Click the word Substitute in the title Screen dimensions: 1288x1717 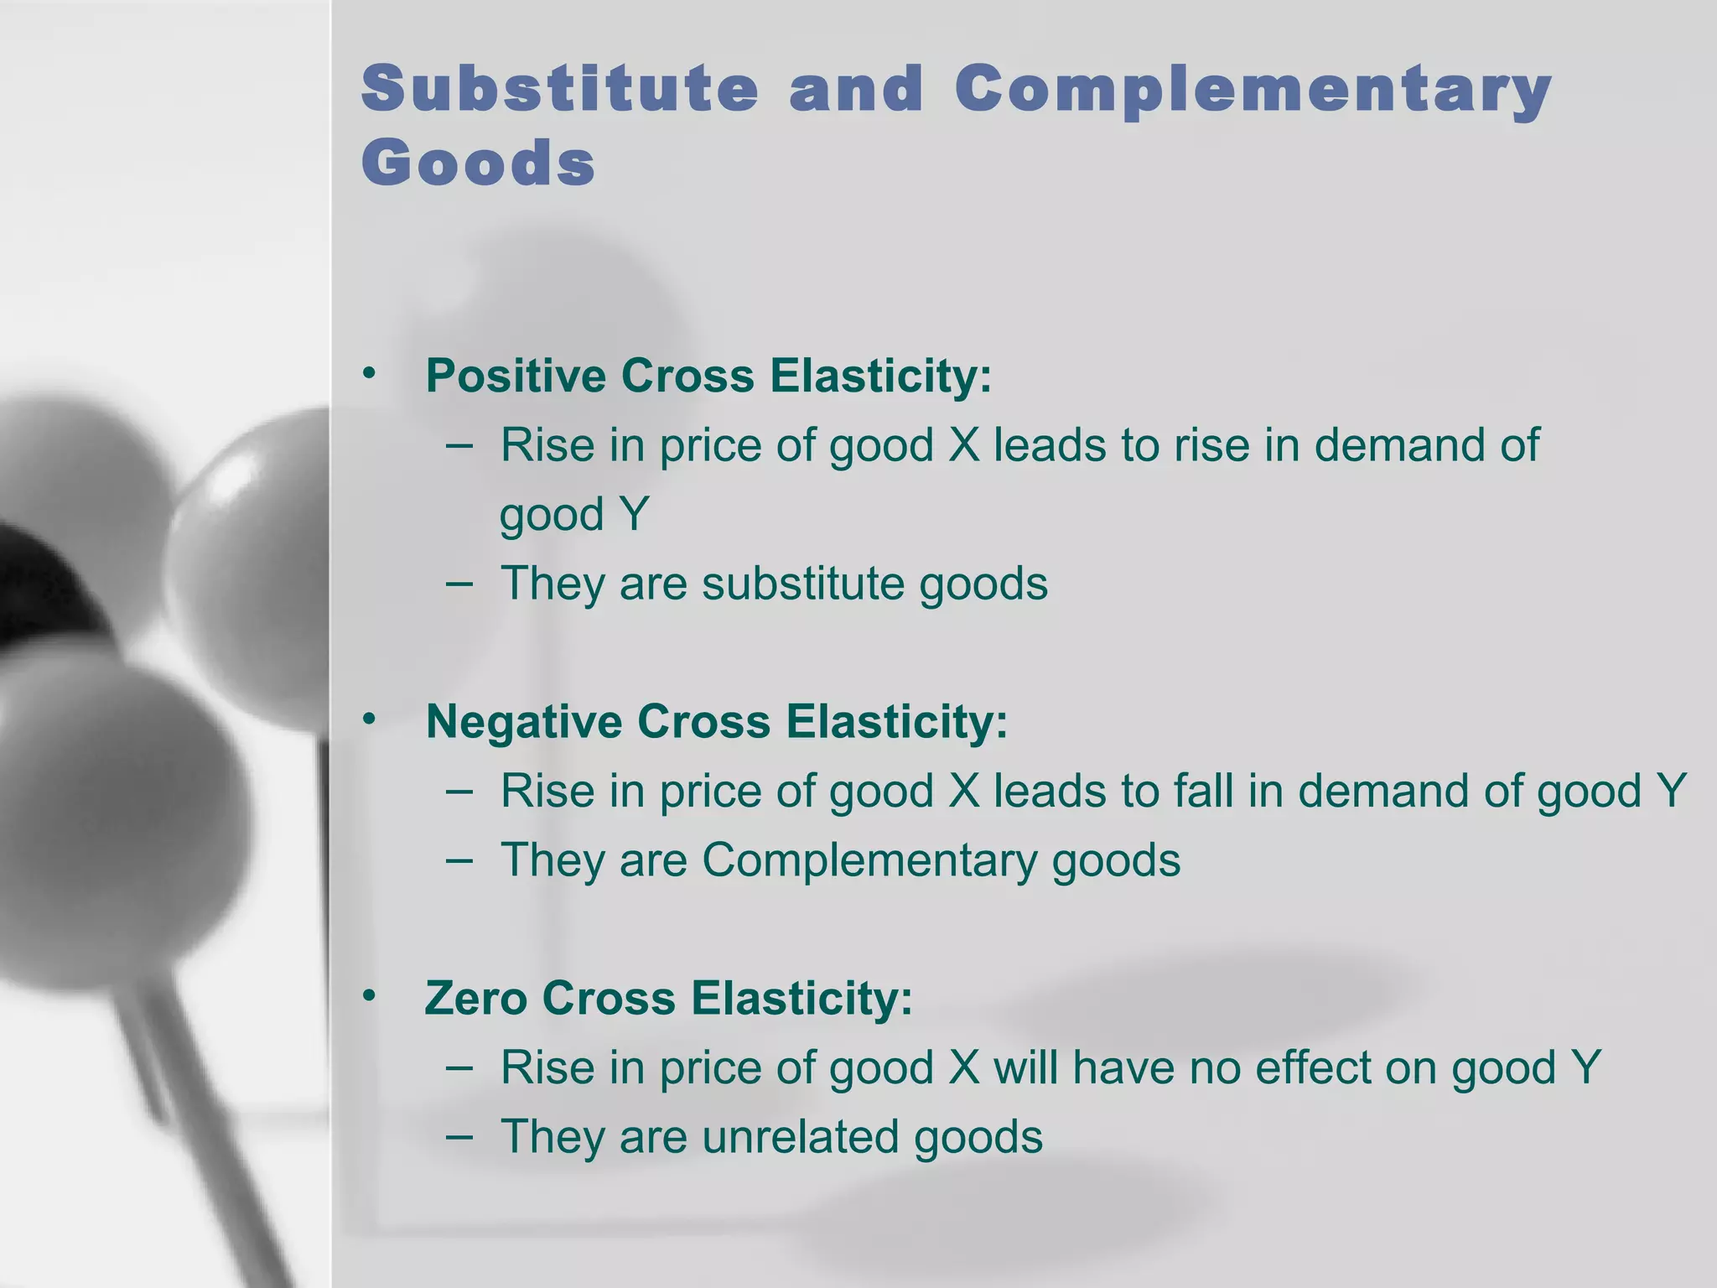pyautogui.click(x=559, y=89)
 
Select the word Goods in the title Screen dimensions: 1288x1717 pyautogui.click(x=479, y=163)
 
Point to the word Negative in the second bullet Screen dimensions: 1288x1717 pyautogui.click(x=524, y=721)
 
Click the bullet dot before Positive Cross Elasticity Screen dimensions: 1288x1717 pyautogui.click(x=370, y=373)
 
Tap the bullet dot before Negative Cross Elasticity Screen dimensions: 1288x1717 pyautogui.click(x=370, y=719)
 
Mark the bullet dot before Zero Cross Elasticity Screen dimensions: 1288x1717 pyautogui.click(x=370, y=996)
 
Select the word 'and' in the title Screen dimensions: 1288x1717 pyautogui.click(x=857, y=89)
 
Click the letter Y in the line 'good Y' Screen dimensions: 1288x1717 pyautogui.click(x=634, y=514)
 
